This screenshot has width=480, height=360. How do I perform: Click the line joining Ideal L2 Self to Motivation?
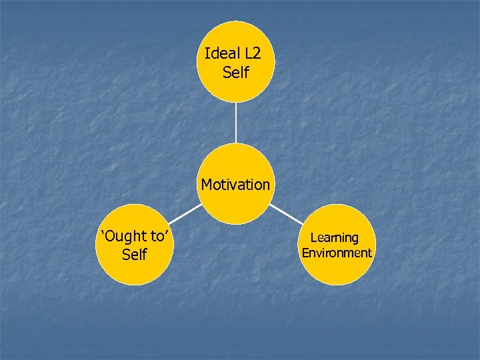click(x=235, y=123)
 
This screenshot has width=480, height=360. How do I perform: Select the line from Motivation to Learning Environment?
click(x=286, y=213)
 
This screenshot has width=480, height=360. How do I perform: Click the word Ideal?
click(x=219, y=53)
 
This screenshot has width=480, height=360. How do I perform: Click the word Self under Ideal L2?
click(x=235, y=72)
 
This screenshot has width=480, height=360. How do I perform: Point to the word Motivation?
click(x=235, y=184)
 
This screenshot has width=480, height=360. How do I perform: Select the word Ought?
click(x=125, y=236)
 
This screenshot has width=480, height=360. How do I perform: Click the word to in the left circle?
click(x=157, y=236)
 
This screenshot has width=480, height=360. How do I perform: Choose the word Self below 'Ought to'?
click(x=135, y=255)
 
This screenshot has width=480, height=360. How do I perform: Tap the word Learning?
click(x=335, y=237)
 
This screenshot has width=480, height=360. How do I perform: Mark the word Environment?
click(x=337, y=253)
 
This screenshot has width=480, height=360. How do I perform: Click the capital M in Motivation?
click(x=207, y=184)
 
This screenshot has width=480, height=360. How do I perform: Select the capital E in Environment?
click(x=305, y=253)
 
